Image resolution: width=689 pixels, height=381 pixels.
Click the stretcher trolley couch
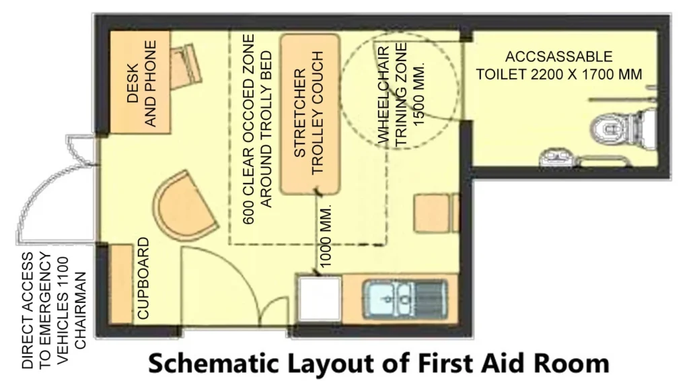pos(309,114)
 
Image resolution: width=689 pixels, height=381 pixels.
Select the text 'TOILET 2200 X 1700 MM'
pos(558,73)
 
